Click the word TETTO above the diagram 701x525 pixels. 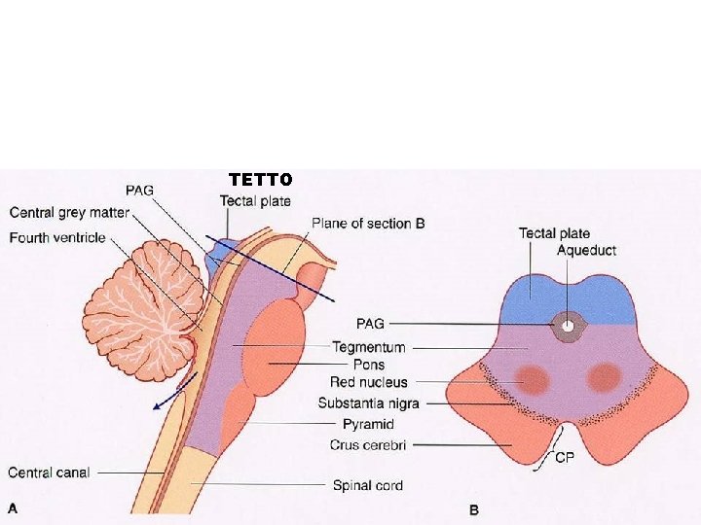260,180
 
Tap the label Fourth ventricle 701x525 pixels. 56,238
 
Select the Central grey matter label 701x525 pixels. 69,213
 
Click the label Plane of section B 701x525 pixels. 368,224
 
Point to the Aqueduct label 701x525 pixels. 586,251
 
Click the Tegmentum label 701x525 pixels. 368,347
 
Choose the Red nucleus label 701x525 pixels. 368,382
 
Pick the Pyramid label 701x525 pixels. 368,425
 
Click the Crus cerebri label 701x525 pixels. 367,445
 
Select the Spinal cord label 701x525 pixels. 367,484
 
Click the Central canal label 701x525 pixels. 49,472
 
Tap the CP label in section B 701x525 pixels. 564,459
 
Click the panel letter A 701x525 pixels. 13,507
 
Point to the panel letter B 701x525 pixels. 474,509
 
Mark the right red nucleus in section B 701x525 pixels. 604,376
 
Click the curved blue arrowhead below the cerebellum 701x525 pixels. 157,407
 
